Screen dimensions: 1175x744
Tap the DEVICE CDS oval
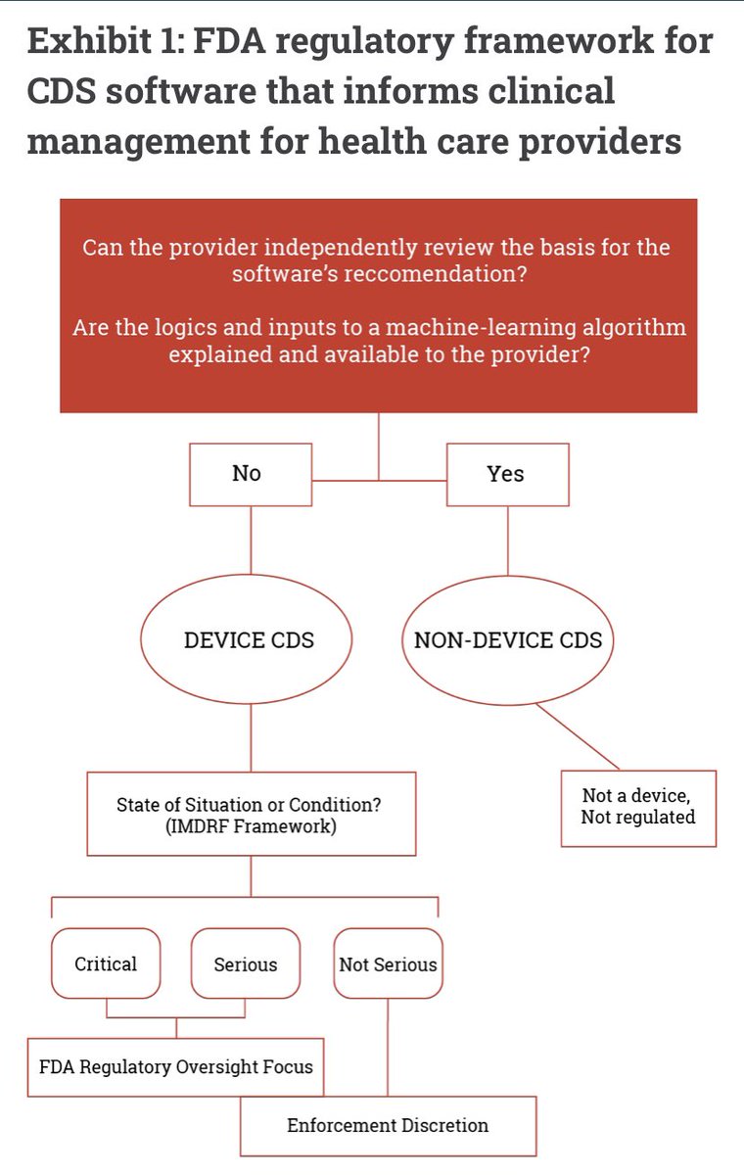coord(249,640)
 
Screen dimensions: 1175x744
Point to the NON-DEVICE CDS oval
coord(508,640)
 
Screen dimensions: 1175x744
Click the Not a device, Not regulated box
coord(638,808)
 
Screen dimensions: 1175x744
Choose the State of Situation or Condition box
coord(251,814)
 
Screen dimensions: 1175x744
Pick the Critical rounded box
coord(106,963)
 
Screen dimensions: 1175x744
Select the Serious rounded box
coord(245,963)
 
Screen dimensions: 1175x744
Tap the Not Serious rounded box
coord(388,963)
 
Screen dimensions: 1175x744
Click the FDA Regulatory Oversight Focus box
coord(176,1065)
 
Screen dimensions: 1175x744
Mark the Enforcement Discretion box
coord(388,1125)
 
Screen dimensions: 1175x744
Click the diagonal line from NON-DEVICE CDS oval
coord(578,737)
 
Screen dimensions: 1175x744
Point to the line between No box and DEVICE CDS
coord(252,544)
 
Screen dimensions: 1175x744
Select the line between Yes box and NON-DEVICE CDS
coord(507,540)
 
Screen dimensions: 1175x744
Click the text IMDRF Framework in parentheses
coord(251,825)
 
